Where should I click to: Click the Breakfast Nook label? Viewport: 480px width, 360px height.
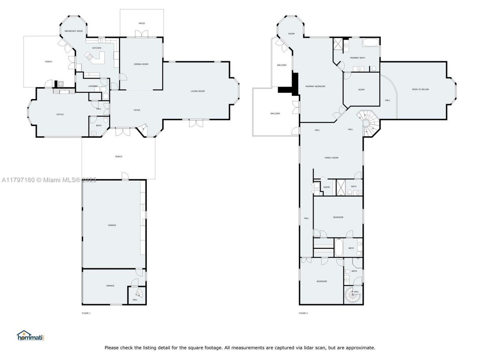[x=73, y=31]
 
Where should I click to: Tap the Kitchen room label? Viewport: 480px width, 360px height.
[x=97, y=48]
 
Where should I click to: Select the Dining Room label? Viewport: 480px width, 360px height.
[x=141, y=64]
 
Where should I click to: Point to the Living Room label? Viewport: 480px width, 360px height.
[x=198, y=91]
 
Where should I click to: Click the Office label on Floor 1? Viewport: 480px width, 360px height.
[x=60, y=114]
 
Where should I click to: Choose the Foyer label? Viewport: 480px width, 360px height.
[x=137, y=110]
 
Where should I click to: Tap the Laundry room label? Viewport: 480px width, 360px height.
[x=93, y=86]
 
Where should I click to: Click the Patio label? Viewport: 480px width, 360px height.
[x=142, y=24]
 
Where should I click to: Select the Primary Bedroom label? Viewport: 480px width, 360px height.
[x=315, y=87]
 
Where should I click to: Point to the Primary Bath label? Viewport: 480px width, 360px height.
[x=357, y=58]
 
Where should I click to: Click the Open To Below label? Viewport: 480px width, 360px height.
[x=420, y=90]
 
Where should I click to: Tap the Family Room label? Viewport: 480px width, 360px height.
[x=331, y=158]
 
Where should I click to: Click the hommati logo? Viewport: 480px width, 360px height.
[x=30, y=336]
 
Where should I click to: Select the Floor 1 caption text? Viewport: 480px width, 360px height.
[x=86, y=313]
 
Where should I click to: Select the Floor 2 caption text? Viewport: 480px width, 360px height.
[x=303, y=313]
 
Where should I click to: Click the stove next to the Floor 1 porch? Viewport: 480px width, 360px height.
[x=60, y=84]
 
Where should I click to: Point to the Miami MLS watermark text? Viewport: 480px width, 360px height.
[x=49, y=180]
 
